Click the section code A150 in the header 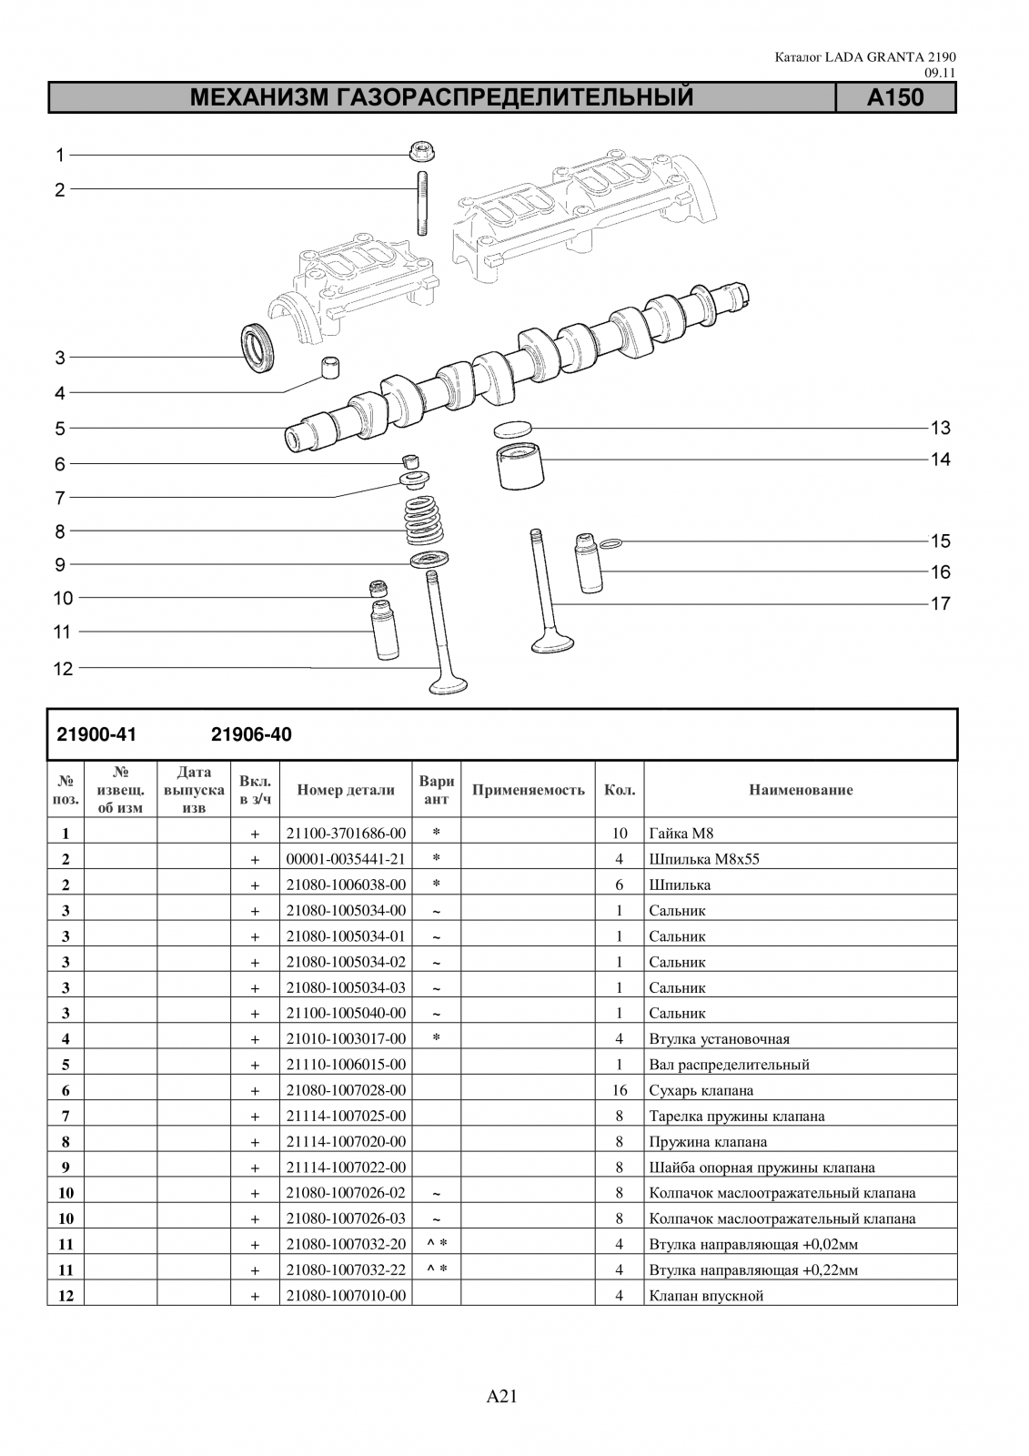tap(895, 97)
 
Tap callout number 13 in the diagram tap(940, 428)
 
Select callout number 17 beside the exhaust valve tap(940, 603)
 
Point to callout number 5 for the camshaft tap(60, 428)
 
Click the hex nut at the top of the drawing tap(420, 152)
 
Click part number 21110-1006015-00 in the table tap(346, 1064)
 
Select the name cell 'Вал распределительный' tap(729, 1064)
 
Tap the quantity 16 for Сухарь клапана tap(620, 1090)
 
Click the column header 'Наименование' tap(801, 790)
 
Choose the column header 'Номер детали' tap(346, 790)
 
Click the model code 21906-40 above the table tap(251, 734)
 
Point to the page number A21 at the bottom tap(502, 1396)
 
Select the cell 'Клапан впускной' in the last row tap(706, 1296)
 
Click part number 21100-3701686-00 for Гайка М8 tap(346, 833)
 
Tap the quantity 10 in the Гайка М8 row tap(620, 833)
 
